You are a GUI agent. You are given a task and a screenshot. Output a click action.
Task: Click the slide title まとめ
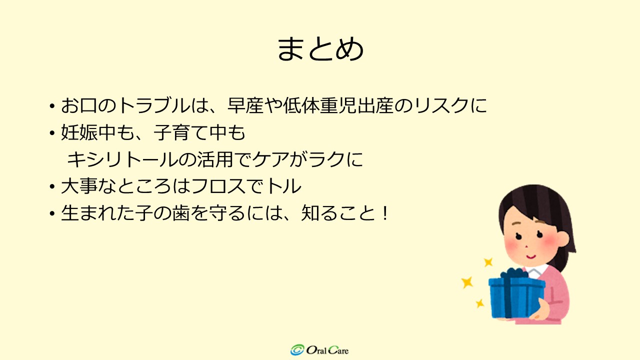click(x=320, y=49)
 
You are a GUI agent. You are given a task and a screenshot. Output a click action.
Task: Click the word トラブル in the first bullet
click(x=153, y=105)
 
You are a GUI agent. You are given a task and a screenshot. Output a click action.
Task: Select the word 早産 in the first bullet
click(x=245, y=105)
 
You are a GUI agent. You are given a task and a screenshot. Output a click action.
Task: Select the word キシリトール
click(x=122, y=159)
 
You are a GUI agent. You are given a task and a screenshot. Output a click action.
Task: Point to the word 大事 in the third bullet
click(x=79, y=186)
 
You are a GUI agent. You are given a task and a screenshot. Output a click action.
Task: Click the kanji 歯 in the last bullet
click(x=180, y=213)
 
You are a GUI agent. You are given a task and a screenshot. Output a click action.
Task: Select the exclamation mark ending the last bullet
click(x=385, y=213)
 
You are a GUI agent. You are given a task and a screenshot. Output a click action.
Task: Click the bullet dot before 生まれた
click(x=51, y=213)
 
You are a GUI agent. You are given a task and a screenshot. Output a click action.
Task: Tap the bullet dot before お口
click(x=51, y=106)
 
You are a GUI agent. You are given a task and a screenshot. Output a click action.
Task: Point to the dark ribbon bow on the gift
click(x=514, y=273)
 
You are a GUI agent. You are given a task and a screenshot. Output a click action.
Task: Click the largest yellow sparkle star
click(x=467, y=282)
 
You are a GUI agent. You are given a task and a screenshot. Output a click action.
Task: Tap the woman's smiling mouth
click(x=531, y=256)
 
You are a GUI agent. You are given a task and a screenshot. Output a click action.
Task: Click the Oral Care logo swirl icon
click(x=297, y=349)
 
